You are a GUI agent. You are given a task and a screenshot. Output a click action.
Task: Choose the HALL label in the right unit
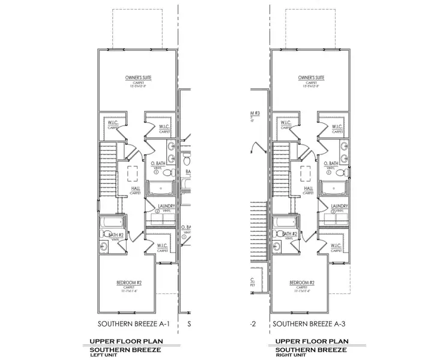[x=308, y=188]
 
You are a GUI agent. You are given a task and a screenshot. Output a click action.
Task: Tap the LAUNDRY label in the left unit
[x=164, y=206]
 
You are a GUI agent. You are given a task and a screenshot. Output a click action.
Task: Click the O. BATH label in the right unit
[x=332, y=163]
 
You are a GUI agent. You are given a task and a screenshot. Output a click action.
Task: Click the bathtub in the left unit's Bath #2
[x=111, y=223]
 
